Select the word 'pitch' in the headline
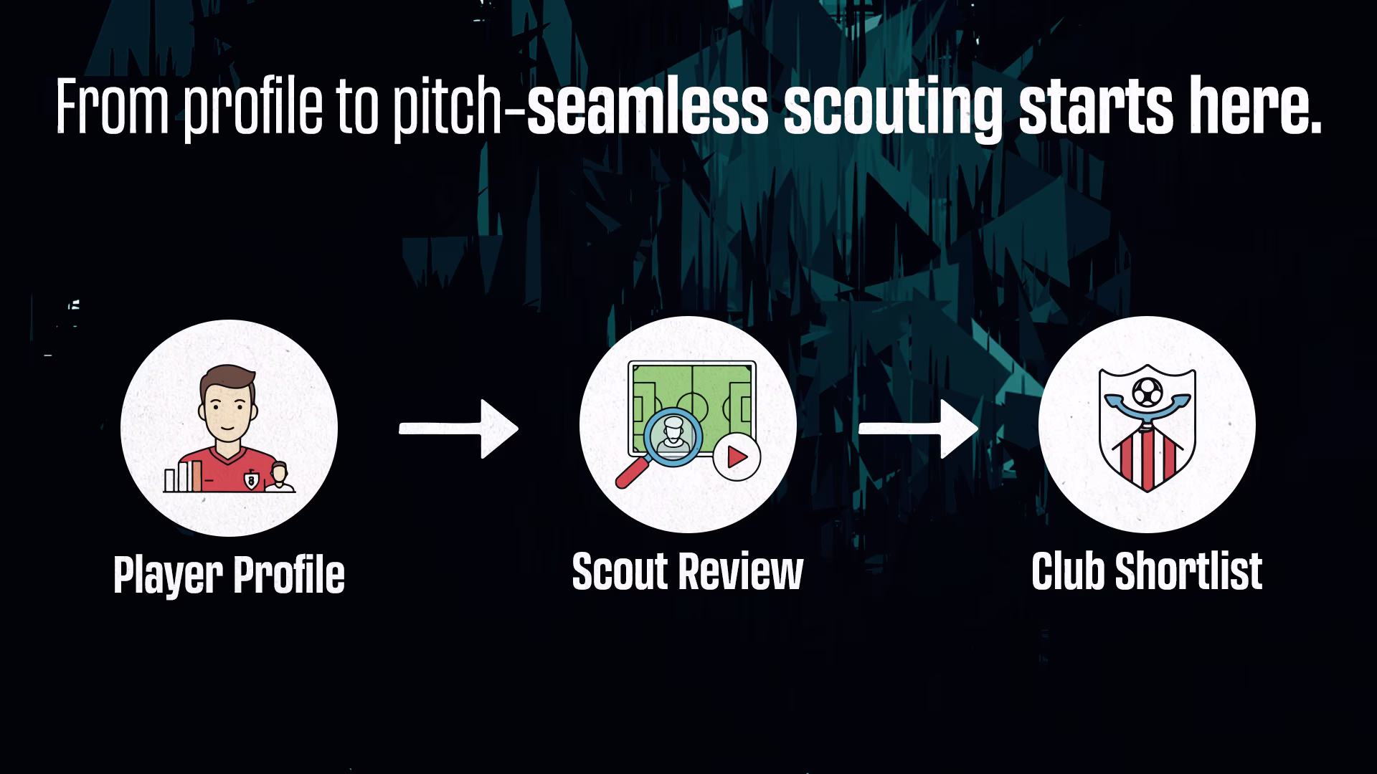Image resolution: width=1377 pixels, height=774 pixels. coord(448,110)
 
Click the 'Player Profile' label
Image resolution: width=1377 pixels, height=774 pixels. coord(229,575)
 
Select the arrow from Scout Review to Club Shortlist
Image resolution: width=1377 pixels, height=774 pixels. coord(918,429)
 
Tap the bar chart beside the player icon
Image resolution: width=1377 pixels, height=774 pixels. coord(182,477)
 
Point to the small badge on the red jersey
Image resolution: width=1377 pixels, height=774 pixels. coord(251,479)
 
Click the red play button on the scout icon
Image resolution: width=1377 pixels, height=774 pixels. coord(737,457)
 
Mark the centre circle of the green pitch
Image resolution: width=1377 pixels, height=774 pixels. coord(692,408)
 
